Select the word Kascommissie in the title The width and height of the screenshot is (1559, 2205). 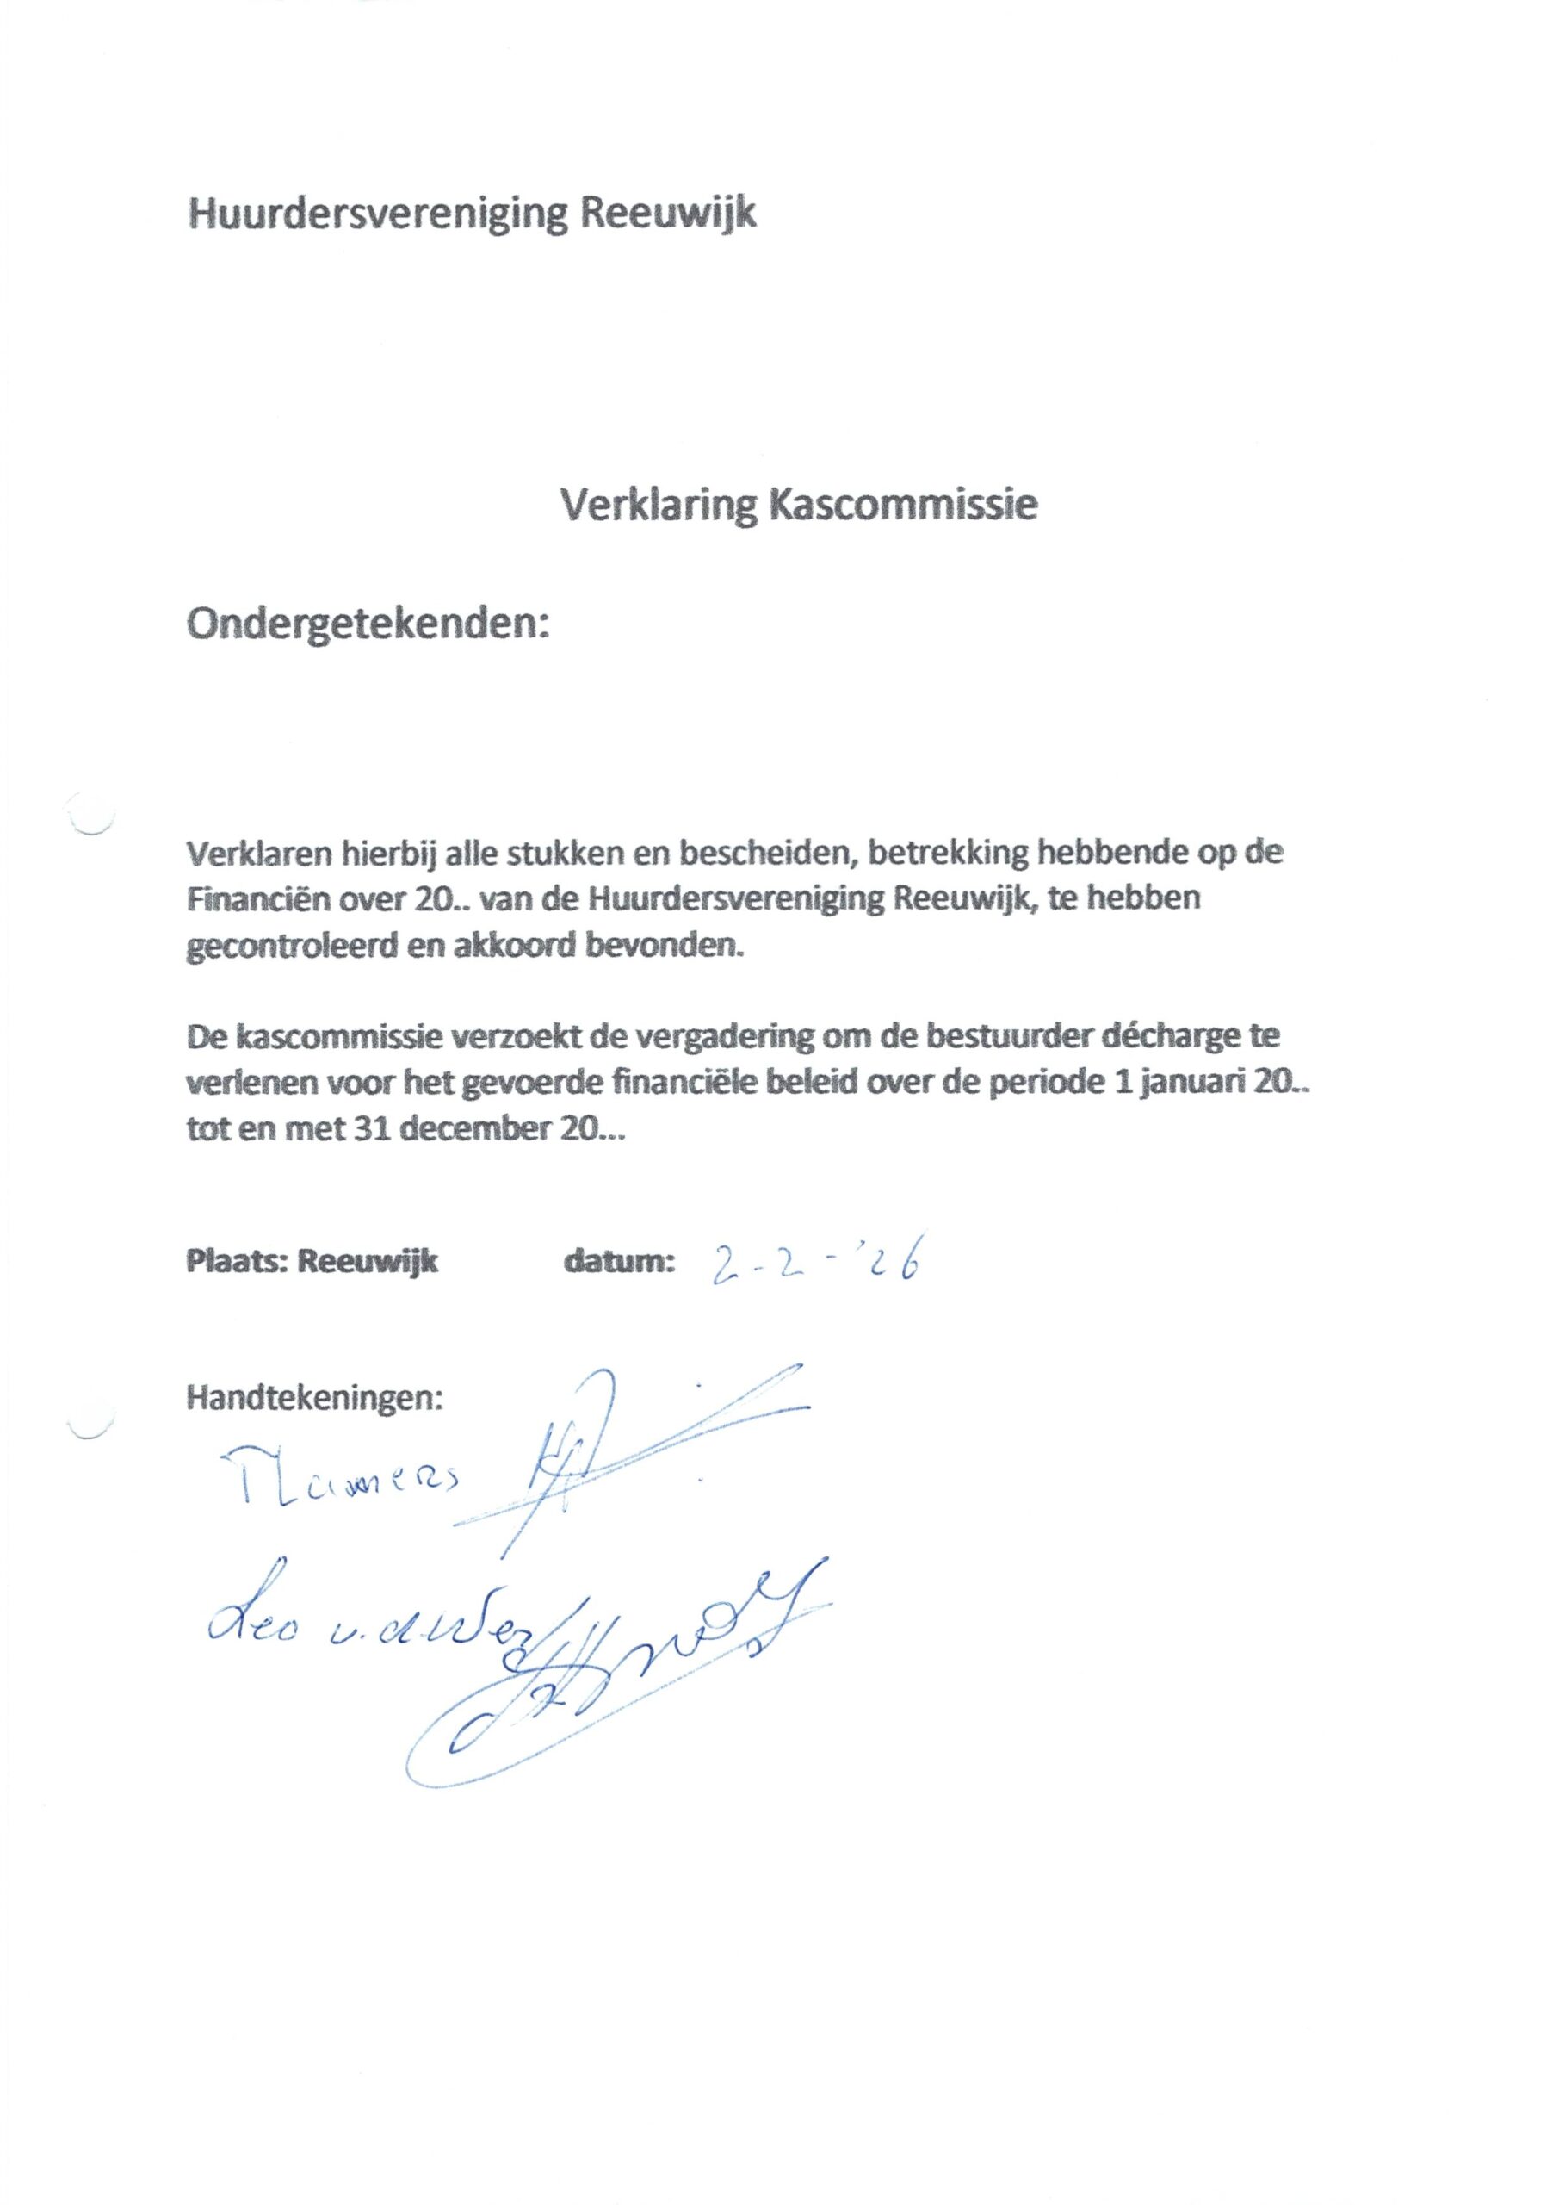point(902,504)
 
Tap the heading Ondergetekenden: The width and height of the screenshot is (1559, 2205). point(368,625)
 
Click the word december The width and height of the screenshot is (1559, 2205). point(466,1131)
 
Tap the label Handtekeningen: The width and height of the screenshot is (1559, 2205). point(315,1397)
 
